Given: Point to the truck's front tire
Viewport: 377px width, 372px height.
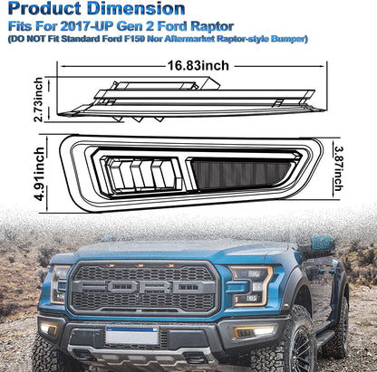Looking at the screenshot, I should (x=288, y=347).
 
